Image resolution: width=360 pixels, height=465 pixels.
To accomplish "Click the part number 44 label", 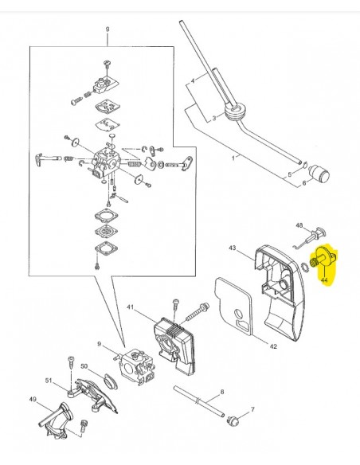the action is click(324, 280).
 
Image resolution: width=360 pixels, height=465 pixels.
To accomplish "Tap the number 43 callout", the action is click(233, 248).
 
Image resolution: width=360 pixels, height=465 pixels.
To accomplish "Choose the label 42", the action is click(273, 346).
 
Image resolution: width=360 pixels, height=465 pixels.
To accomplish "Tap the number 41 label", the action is click(130, 307).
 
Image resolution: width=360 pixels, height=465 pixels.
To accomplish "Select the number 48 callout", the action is click(299, 225).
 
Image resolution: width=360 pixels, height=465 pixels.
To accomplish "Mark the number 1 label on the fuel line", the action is click(233, 158).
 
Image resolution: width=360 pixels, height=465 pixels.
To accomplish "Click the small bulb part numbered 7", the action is click(233, 420).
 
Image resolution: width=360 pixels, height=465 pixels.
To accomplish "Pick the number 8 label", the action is click(222, 392).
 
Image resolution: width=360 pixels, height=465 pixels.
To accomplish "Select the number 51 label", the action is click(49, 381).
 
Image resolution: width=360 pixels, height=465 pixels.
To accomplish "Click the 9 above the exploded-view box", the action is click(108, 29).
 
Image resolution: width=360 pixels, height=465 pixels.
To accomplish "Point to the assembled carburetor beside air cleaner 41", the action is click(136, 366).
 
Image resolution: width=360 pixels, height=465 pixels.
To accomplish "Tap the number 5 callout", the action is click(290, 174).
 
